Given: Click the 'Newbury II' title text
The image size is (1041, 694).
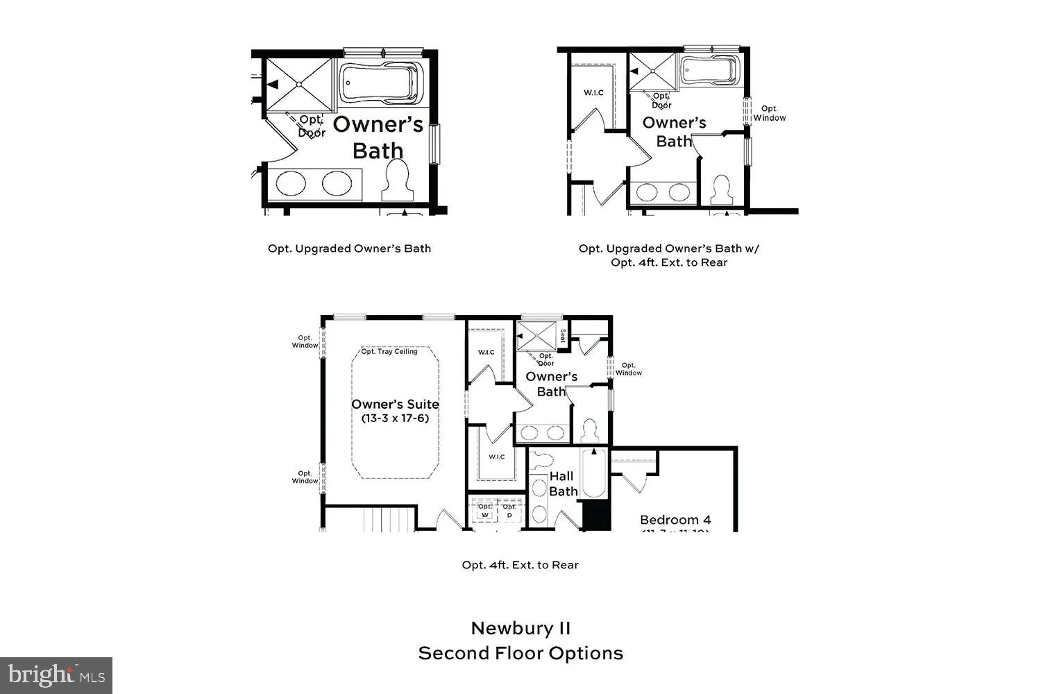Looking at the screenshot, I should click(x=520, y=629).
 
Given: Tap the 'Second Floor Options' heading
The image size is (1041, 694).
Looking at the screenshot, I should click(x=520, y=654).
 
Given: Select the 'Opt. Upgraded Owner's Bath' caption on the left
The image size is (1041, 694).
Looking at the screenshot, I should click(x=349, y=248).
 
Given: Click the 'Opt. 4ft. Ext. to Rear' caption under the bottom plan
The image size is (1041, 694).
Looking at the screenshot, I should click(x=520, y=565).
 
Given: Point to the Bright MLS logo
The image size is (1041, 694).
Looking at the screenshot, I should click(x=56, y=675).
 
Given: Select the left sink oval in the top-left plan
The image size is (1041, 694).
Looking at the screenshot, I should click(x=290, y=184).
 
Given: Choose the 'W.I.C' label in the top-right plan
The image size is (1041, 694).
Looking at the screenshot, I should click(x=593, y=92).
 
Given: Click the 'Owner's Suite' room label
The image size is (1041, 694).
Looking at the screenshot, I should click(x=395, y=405).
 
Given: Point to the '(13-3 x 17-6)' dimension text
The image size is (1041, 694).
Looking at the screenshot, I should click(x=395, y=418).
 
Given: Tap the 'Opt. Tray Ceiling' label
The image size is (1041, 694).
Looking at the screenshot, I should click(x=389, y=352).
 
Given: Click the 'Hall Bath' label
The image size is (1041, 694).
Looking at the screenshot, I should click(x=563, y=484).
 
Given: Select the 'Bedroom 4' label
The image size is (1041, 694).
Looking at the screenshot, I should click(x=675, y=520).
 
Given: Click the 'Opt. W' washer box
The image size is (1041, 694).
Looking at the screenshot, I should click(x=485, y=511).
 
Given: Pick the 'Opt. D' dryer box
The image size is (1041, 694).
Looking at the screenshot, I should click(x=509, y=511).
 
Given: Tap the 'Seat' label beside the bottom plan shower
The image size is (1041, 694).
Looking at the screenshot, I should click(x=563, y=335).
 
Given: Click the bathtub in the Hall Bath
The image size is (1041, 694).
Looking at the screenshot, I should click(x=594, y=475).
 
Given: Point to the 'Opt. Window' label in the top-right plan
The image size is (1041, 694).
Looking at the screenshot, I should click(x=770, y=113).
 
